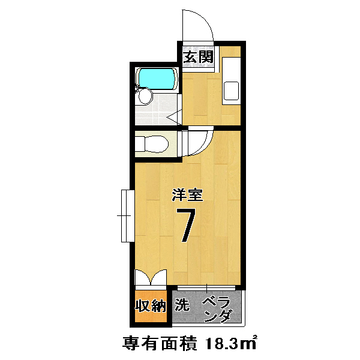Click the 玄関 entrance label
coord(199,57)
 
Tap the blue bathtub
coord(157,78)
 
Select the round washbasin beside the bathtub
coord(146,97)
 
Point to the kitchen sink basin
coord(232,91)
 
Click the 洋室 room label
coord(188,195)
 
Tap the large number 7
coord(186,225)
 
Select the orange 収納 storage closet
coord(151,306)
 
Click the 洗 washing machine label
coord(182,304)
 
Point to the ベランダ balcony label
coord(217,310)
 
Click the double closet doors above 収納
coord(151,277)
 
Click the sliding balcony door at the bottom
coord(206,288)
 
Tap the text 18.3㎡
coord(231,344)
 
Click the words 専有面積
coord(160,344)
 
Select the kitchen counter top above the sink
coord(232,69)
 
